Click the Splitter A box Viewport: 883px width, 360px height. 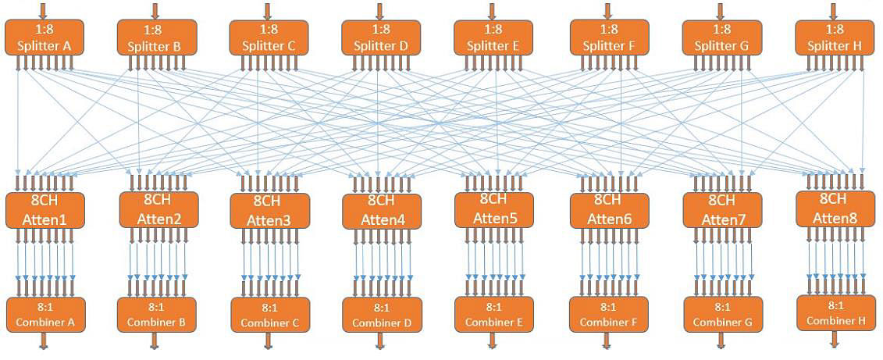45,37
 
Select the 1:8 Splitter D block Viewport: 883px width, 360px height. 381,37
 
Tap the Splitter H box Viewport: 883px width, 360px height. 835,37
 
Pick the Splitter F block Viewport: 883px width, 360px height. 608,37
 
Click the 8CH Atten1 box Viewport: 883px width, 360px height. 45,210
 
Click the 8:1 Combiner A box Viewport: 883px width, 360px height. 45,314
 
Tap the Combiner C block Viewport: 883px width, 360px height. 269,315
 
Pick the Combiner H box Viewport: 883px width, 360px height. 835,312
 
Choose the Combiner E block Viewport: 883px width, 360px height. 493,314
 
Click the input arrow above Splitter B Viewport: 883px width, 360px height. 155,10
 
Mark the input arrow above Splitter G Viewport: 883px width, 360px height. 721,10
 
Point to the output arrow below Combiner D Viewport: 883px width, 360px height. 381,341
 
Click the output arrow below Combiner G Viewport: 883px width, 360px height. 721,340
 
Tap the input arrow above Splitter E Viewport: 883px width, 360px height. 492,10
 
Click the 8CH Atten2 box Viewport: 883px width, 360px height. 157,209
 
